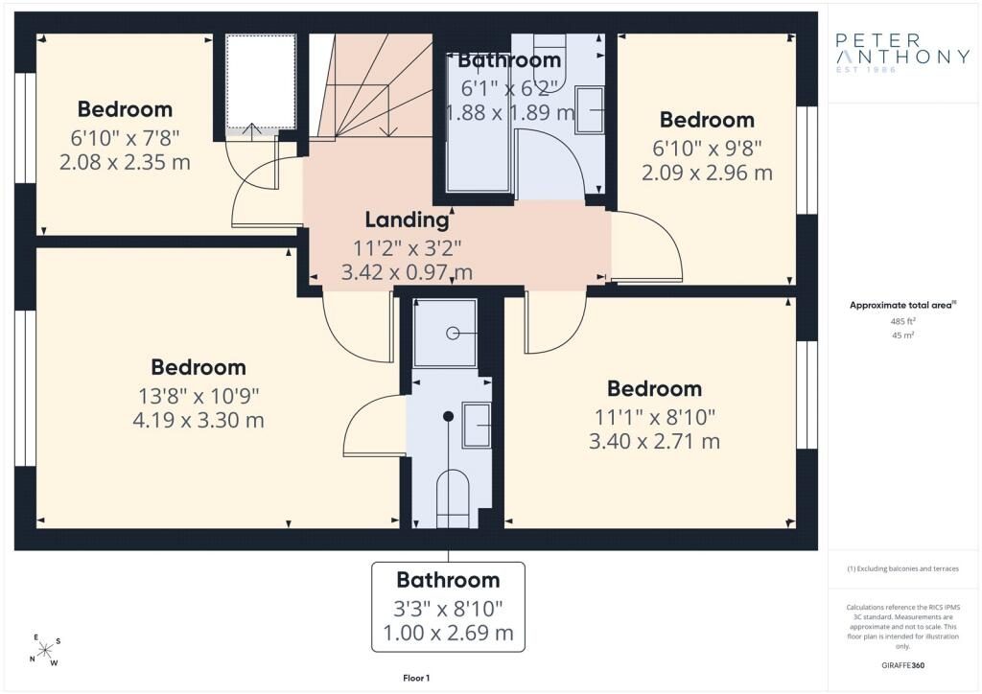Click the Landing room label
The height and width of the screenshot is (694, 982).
point(407,220)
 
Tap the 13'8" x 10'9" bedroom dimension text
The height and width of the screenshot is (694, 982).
point(199,396)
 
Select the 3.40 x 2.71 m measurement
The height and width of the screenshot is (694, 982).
point(654,442)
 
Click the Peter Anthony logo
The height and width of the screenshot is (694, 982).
point(902,53)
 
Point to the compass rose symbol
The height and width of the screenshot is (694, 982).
point(45,651)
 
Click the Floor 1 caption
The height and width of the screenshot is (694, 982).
point(416,678)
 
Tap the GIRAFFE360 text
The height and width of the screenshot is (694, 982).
point(902,665)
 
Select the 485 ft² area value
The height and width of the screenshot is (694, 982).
point(902,321)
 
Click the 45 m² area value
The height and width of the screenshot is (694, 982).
point(902,335)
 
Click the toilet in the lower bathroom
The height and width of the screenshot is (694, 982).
point(453,499)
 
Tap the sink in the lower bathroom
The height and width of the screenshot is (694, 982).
point(476,425)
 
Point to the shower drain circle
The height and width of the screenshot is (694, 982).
point(453,334)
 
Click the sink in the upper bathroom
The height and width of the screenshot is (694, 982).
point(590,110)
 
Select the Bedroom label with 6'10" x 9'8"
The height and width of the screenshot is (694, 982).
point(707,119)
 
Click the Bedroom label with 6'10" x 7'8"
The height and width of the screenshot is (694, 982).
point(125,109)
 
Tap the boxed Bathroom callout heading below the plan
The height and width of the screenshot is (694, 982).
point(449,580)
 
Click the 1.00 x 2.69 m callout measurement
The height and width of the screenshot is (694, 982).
point(449,633)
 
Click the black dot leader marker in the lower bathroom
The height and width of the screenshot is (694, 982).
point(448,416)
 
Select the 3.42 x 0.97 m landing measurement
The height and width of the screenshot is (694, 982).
point(407,272)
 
